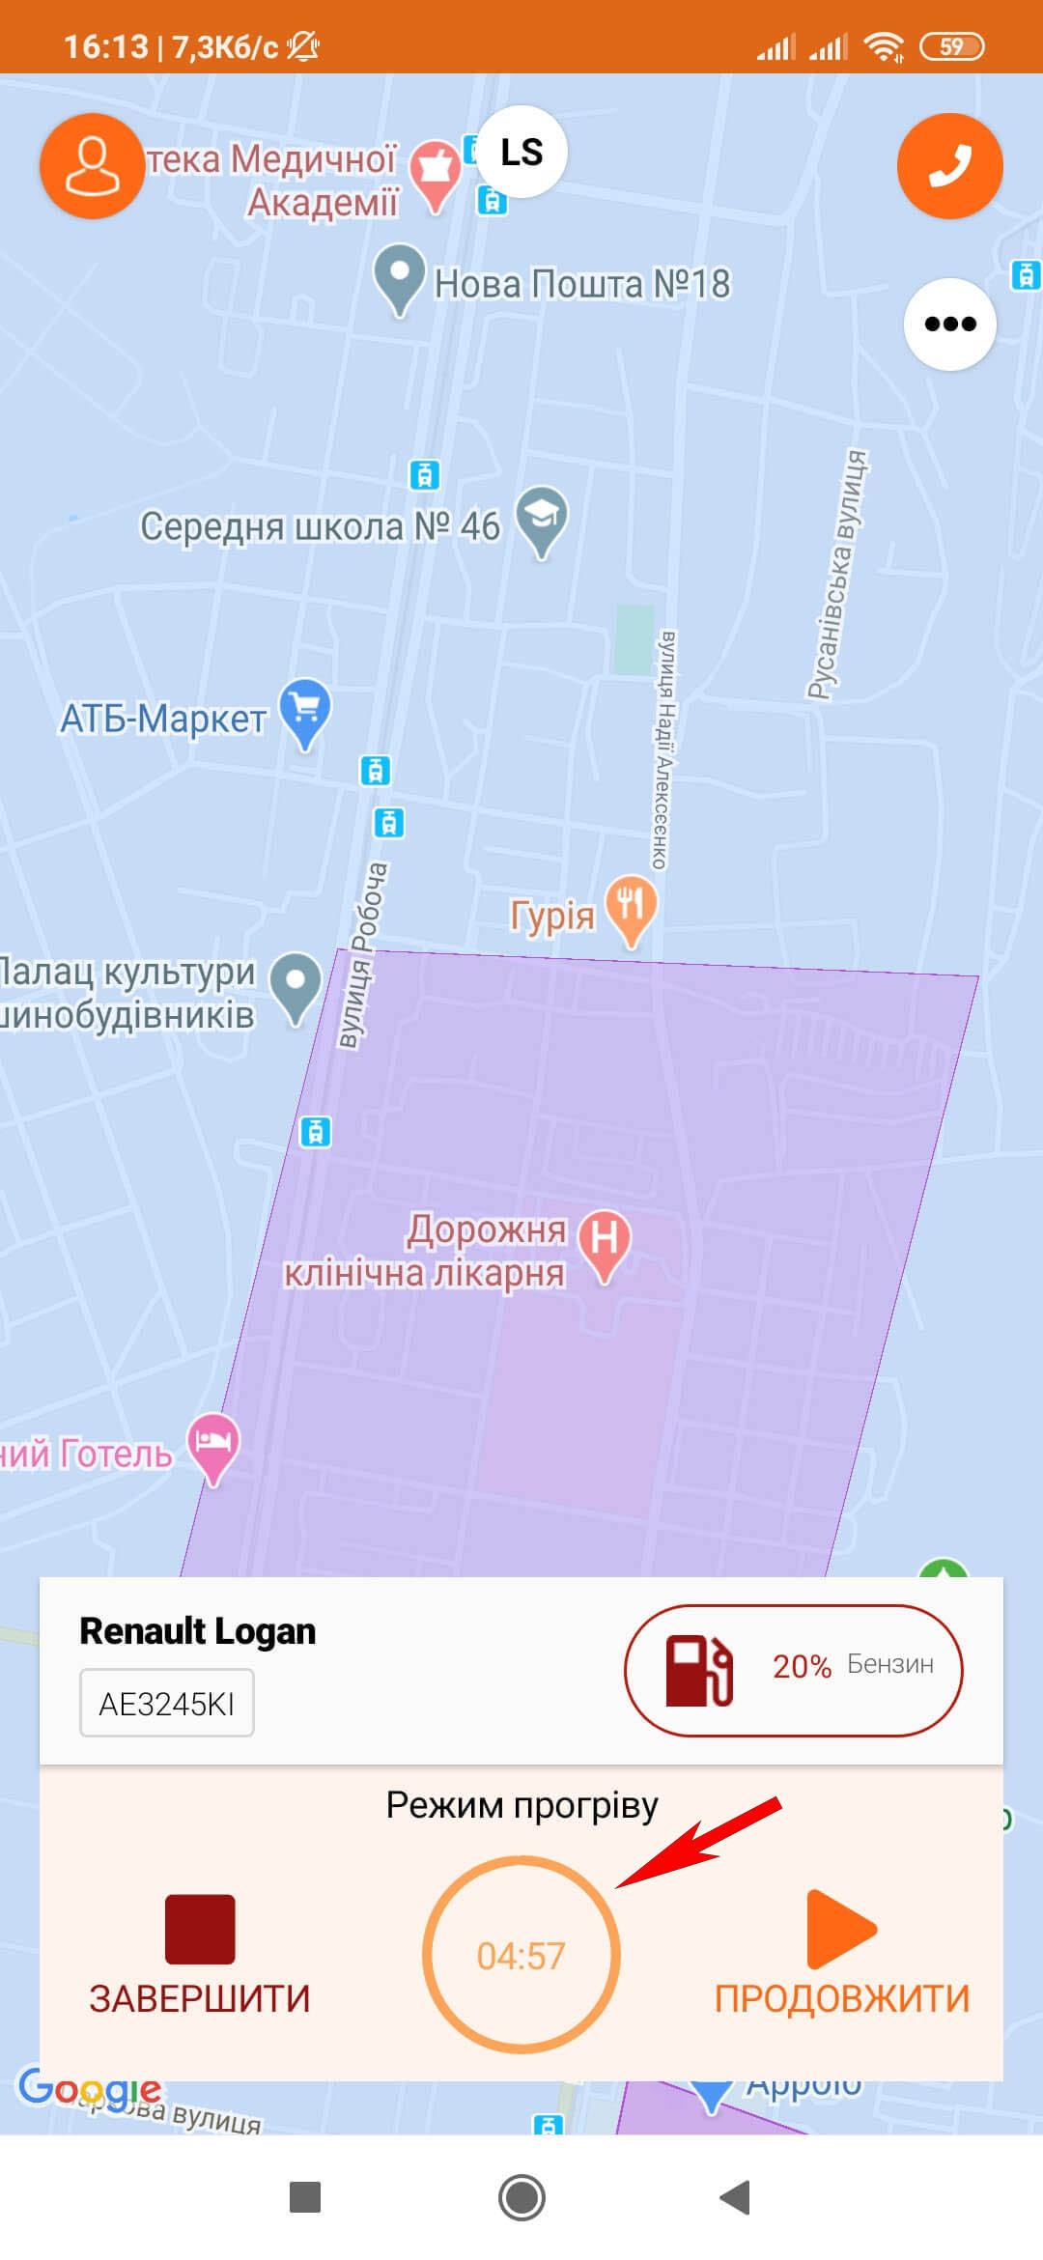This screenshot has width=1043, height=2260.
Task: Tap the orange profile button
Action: [92, 166]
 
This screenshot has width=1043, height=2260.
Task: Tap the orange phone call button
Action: [949, 166]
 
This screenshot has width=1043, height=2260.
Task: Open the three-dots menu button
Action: [949, 324]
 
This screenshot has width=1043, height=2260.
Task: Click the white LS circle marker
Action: [521, 152]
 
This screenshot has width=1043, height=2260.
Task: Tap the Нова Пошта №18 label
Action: [581, 284]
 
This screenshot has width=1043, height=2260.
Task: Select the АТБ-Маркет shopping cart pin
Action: [305, 710]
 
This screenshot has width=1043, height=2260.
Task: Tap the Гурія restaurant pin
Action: [631, 906]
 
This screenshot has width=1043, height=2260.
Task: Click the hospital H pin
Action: [605, 1240]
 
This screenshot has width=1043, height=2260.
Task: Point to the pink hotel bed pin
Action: [212, 1443]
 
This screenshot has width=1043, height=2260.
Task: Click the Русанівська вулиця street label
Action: [836, 575]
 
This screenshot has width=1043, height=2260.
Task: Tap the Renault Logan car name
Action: [197, 1631]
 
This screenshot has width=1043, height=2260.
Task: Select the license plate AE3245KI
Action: [166, 1704]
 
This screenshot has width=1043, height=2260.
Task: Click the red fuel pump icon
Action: [698, 1670]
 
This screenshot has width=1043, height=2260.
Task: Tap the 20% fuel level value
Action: [802, 1666]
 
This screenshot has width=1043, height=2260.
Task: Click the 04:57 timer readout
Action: [521, 1957]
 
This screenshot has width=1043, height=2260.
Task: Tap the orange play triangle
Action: [839, 1929]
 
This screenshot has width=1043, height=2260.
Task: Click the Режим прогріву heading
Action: [521, 1805]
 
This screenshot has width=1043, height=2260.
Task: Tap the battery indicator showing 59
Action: [951, 46]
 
